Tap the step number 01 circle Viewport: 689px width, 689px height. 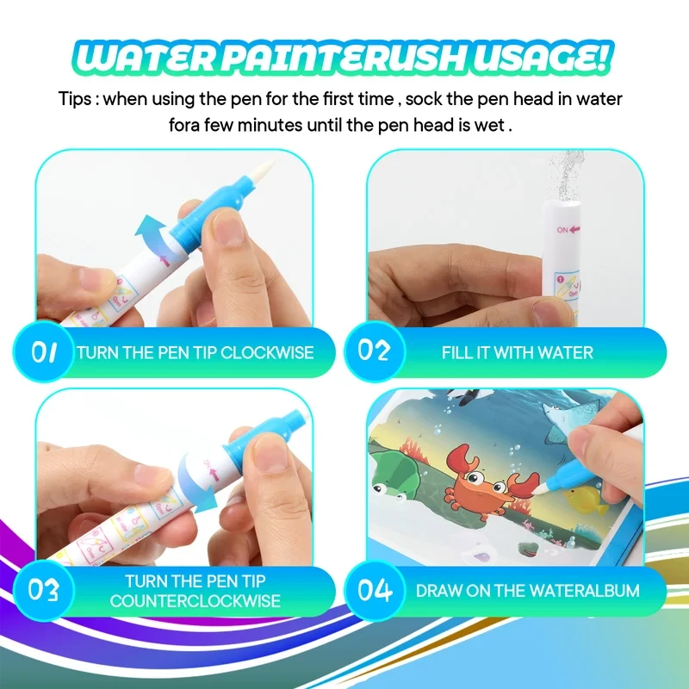click(44, 351)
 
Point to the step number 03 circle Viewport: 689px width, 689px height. click(44, 591)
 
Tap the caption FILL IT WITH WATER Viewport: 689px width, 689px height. click(517, 352)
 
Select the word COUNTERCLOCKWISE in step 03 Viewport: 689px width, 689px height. click(195, 601)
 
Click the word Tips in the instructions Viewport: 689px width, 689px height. click(76, 99)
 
